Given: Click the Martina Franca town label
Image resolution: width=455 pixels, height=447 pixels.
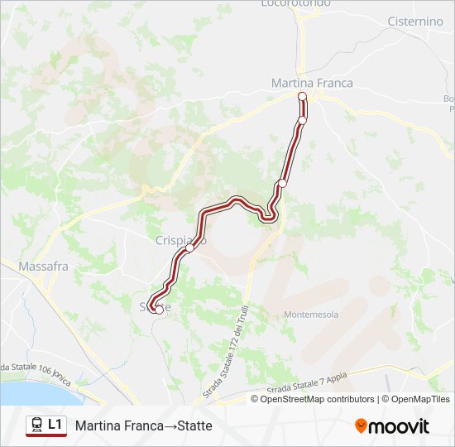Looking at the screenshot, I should pyautogui.click(x=312, y=83).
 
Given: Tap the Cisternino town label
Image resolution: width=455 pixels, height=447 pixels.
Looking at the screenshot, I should pyautogui.click(x=415, y=22).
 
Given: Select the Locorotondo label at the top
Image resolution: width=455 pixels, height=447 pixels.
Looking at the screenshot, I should pyautogui.click(x=295, y=3).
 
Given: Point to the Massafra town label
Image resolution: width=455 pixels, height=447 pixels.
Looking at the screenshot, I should pyautogui.click(x=45, y=267).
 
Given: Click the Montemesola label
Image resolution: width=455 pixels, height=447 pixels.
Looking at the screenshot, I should pyautogui.click(x=310, y=315).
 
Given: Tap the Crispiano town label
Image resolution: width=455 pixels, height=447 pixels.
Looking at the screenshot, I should pyautogui.click(x=180, y=240).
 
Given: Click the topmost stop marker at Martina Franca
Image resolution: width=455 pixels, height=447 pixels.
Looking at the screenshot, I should pyautogui.click(x=302, y=97).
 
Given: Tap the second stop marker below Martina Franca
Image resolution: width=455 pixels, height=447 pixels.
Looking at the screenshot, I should pyautogui.click(x=302, y=121).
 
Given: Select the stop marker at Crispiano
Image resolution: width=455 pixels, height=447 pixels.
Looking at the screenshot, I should pyautogui.click(x=189, y=248).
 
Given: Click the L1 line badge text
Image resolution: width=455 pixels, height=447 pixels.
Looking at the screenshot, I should pyautogui.click(x=55, y=425).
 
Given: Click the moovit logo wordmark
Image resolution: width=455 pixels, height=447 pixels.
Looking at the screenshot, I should pyautogui.click(x=399, y=426).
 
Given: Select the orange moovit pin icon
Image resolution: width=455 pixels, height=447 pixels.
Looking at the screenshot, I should pyautogui.click(x=361, y=426).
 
